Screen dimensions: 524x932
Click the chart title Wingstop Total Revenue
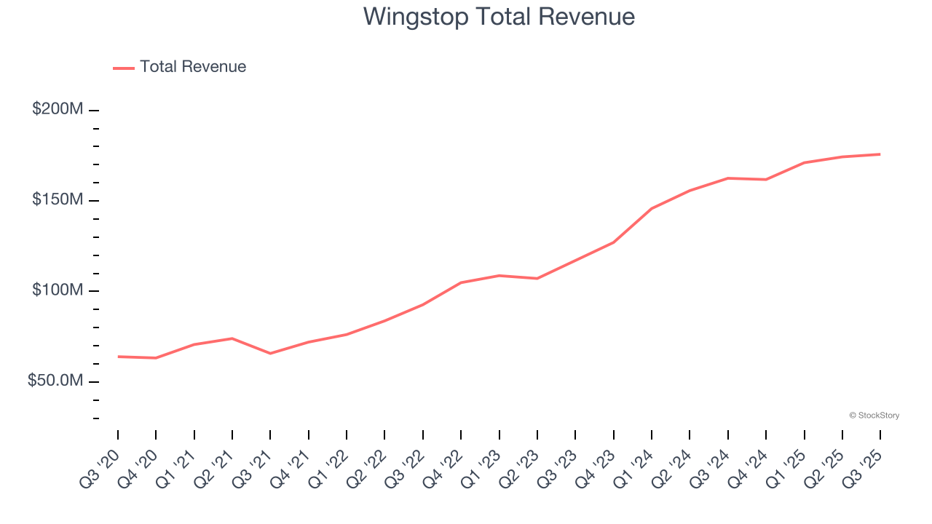(x=499, y=16)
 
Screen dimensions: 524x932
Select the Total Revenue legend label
(x=193, y=67)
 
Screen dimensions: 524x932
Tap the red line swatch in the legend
(x=124, y=68)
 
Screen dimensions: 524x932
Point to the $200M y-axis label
(x=58, y=109)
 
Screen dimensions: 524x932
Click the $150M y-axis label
(x=58, y=200)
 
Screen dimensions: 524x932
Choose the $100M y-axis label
(x=58, y=290)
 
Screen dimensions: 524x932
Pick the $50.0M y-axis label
(x=55, y=381)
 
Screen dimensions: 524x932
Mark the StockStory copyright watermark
(x=874, y=416)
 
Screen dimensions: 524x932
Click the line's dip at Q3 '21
(x=270, y=354)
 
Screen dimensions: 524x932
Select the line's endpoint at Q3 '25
(x=880, y=154)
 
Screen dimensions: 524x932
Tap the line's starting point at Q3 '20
(x=118, y=357)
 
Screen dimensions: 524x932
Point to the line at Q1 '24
(x=651, y=209)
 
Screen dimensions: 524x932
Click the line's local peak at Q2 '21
(x=232, y=338)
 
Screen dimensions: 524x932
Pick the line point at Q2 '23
(x=537, y=278)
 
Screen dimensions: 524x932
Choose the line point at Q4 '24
(x=766, y=179)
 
